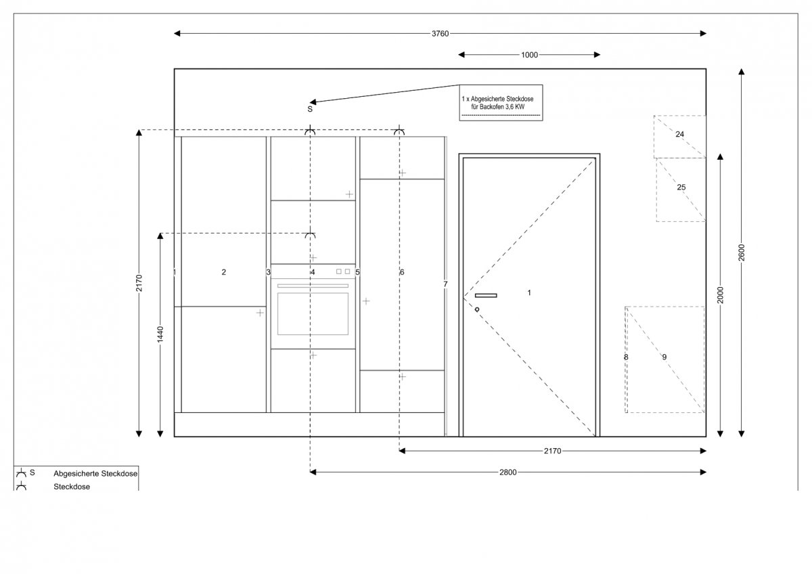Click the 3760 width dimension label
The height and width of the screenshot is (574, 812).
pos(440,34)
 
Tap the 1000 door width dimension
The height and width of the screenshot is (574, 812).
pos(529,55)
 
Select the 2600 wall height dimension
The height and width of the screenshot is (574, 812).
pos(742,252)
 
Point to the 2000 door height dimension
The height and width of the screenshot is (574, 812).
pos(720,295)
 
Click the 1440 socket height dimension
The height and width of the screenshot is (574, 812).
pos(160,334)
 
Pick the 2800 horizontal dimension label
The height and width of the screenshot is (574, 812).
pos(508,472)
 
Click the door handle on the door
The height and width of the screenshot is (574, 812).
pos(486,296)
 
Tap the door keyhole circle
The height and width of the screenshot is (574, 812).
pos(477,309)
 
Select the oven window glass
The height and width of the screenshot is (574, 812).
pos(313,314)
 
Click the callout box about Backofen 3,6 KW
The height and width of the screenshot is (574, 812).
pos(501,103)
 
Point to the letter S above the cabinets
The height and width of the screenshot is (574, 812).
pos(310,109)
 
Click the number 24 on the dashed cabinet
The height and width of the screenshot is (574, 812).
pos(679,134)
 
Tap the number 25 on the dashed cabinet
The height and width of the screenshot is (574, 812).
pos(681,187)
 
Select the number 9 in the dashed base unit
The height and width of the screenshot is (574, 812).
pos(664,357)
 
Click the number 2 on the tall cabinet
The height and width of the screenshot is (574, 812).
pos(224,272)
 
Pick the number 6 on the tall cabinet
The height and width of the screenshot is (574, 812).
pos(402,272)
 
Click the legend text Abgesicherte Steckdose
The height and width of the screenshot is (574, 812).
pos(95,474)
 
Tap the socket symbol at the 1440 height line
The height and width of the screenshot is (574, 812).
pos(310,235)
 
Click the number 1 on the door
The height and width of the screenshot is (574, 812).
pos(529,292)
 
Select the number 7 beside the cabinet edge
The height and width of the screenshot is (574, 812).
pos(445,284)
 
